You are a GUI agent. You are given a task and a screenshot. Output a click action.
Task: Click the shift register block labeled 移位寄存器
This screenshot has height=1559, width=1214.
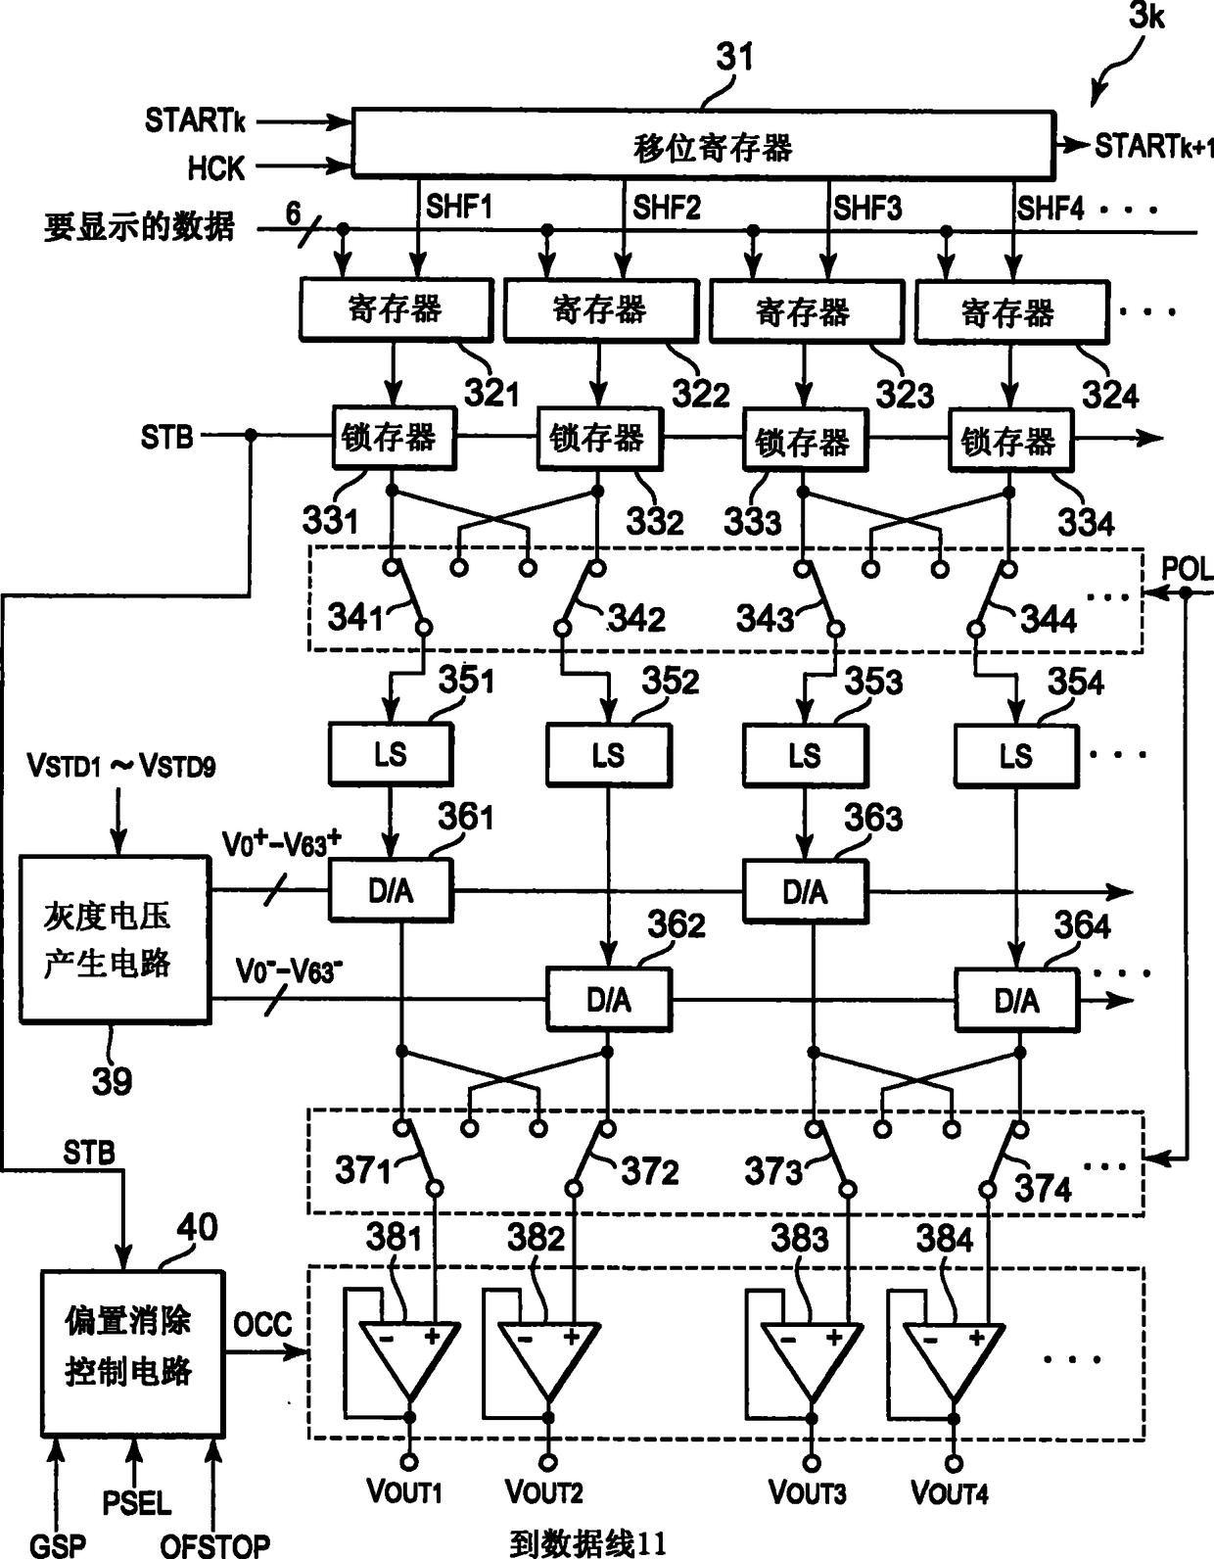(x=704, y=144)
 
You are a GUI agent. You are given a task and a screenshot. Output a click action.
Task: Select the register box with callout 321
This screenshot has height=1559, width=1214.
(x=396, y=309)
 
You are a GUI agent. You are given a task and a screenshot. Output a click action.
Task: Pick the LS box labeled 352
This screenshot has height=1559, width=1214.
(x=608, y=755)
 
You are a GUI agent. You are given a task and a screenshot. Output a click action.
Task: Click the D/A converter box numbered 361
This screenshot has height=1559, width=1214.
(x=391, y=890)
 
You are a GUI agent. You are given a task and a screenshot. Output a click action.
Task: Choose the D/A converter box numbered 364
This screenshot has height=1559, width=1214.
(x=1016, y=1000)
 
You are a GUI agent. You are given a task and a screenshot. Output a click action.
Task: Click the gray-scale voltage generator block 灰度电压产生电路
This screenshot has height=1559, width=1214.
(x=115, y=939)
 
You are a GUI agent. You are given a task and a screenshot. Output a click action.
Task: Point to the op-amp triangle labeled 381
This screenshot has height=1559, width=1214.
(x=409, y=1360)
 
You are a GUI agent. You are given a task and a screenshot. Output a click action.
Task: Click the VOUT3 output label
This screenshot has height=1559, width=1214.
(x=808, y=1493)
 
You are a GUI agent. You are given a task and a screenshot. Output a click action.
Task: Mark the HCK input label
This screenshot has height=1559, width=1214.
(x=215, y=168)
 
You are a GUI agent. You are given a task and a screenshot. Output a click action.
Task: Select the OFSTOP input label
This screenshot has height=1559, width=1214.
(x=214, y=1544)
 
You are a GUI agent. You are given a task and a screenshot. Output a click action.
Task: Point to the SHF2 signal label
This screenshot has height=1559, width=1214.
(x=666, y=208)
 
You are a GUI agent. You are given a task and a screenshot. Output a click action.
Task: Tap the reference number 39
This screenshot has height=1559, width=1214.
(x=112, y=1081)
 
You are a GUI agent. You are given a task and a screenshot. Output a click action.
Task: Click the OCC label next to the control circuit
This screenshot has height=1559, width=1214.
(x=263, y=1324)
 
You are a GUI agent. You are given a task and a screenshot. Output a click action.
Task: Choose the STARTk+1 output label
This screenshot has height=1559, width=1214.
(x=1154, y=146)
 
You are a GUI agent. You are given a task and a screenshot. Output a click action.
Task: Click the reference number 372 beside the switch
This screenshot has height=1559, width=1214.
(x=650, y=1172)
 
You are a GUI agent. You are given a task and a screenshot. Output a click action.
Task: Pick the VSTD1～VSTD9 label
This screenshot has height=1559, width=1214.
(x=121, y=766)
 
